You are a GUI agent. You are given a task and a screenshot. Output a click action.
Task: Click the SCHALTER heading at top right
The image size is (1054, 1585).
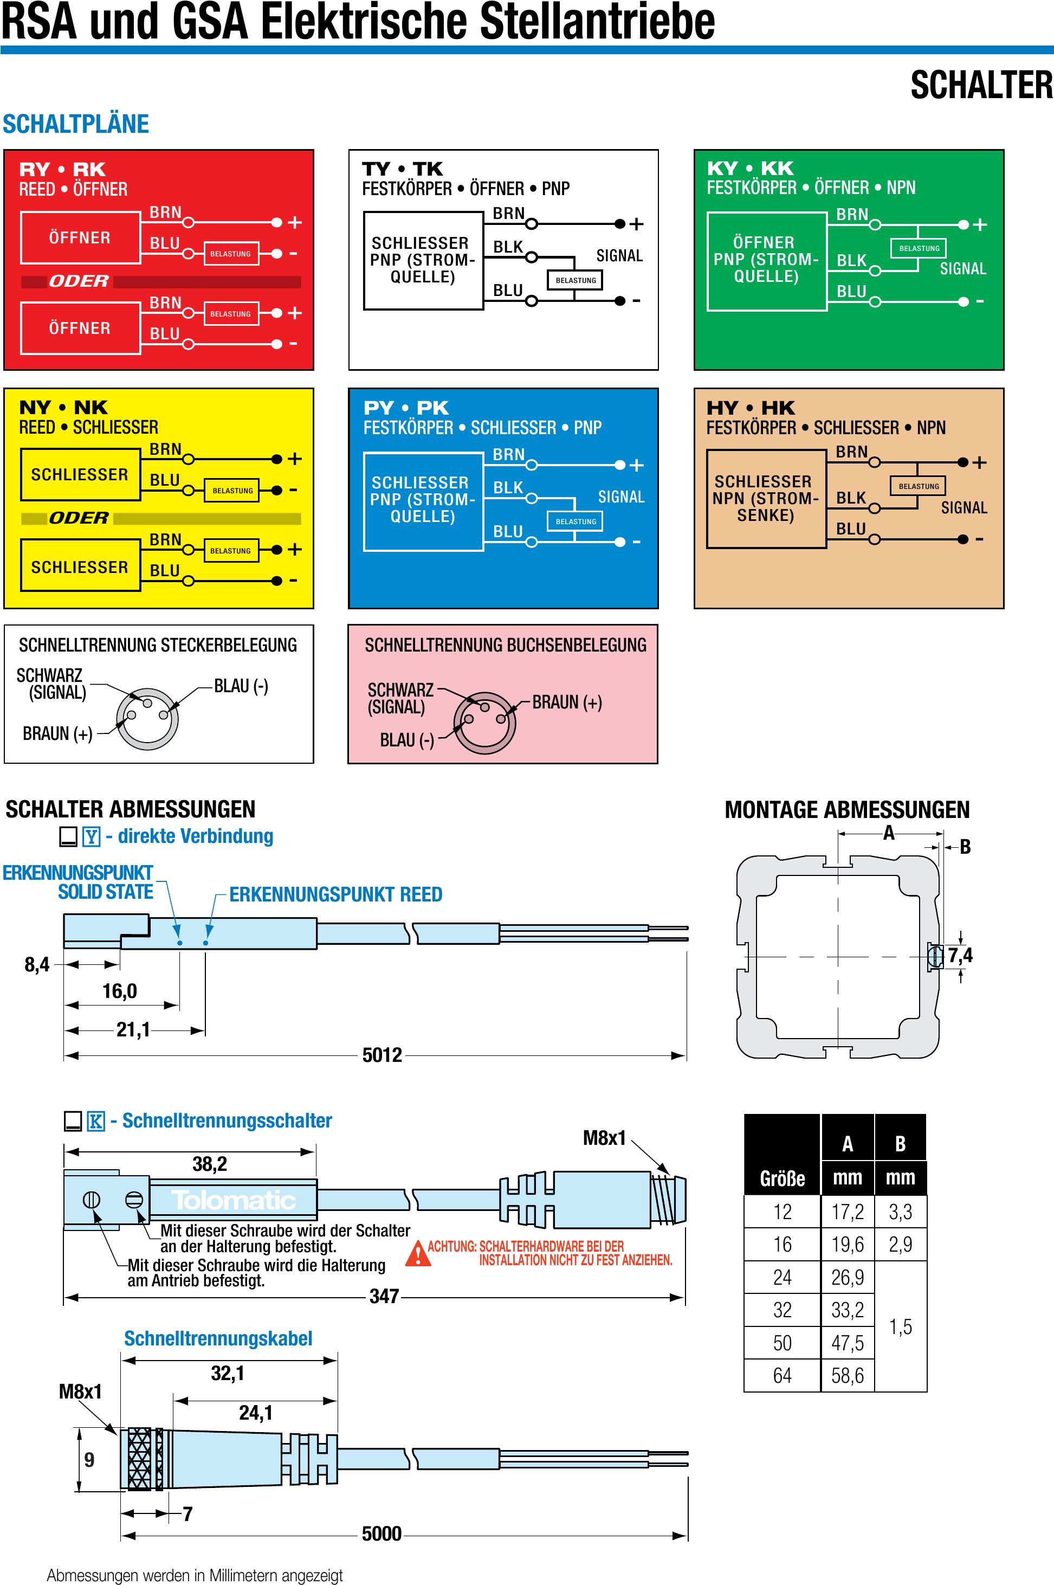pyautogui.click(x=981, y=86)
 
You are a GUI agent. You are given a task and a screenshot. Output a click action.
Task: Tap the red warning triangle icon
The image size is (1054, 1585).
pyautogui.click(x=417, y=1253)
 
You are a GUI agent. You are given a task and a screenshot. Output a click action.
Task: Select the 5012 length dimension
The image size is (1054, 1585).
pyautogui.click(x=382, y=1054)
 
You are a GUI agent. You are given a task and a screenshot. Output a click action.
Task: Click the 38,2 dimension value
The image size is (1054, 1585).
pyautogui.click(x=210, y=1164)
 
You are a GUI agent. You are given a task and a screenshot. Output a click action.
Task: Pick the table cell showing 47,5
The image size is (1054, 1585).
pyautogui.click(x=847, y=1343)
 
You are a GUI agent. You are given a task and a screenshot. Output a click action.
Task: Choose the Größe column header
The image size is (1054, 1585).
pyautogui.click(x=782, y=1178)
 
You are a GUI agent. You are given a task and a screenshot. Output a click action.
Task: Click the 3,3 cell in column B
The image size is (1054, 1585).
pyautogui.click(x=900, y=1212)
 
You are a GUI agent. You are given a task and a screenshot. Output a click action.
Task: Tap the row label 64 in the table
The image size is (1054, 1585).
pyautogui.click(x=782, y=1375)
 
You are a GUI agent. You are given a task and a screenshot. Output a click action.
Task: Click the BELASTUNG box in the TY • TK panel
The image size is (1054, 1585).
pyautogui.click(x=576, y=280)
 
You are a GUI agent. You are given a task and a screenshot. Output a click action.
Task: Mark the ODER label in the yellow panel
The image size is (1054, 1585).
pyautogui.click(x=79, y=518)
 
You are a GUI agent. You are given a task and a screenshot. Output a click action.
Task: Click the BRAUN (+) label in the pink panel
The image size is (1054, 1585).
pyautogui.click(x=567, y=702)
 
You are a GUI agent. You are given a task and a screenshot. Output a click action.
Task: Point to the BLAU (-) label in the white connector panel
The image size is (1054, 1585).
pyautogui.click(x=241, y=686)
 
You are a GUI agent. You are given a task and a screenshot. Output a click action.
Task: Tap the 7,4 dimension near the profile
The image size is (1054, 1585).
pyautogui.click(x=960, y=955)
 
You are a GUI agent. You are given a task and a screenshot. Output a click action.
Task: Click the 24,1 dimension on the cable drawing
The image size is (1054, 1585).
pyautogui.click(x=255, y=1413)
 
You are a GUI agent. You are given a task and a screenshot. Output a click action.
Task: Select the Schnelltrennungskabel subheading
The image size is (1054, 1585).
pyautogui.click(x=218, y=1338)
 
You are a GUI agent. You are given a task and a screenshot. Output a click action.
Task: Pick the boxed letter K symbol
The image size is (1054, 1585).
pyautogui.click(x=96, y=1121)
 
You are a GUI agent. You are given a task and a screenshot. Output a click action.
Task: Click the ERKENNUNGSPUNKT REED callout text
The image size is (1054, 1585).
pyautogui.click(x=335, y=894)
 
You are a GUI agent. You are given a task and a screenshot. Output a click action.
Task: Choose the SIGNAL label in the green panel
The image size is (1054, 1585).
pyautogui.click(x=962, y=268)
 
